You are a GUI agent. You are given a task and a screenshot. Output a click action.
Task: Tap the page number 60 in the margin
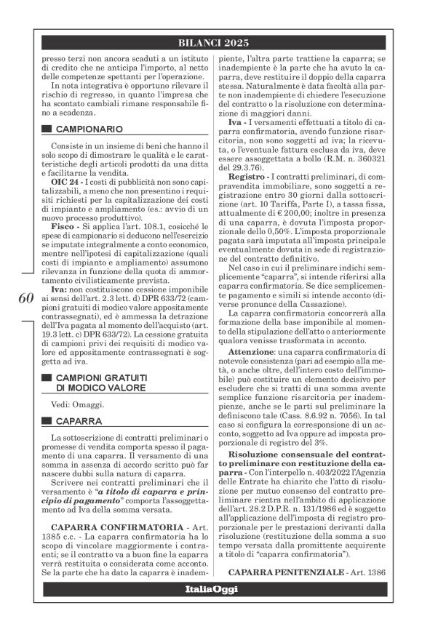click(23, 299)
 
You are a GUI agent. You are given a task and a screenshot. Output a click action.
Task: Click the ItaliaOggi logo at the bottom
click(210, 588)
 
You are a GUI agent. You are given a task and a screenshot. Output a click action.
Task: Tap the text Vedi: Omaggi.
click(75, 404)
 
